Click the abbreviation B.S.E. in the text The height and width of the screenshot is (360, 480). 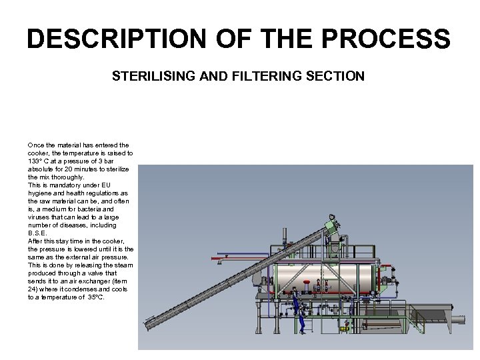click(x=37, y=233)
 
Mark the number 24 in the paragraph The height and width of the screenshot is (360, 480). click(x=33, y=289)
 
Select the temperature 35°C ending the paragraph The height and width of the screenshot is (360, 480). click(x=94, y=297)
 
